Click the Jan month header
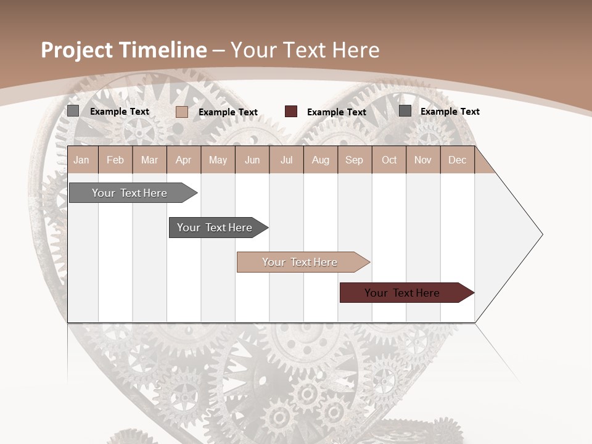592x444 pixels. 81,160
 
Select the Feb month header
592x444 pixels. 115,160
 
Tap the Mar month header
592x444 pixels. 149,160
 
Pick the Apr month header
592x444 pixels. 183,160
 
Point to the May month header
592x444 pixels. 218,160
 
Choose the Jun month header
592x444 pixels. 252,160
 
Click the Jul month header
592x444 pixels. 286,160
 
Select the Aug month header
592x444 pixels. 320,160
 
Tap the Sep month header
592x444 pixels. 354,160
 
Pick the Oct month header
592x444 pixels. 389,160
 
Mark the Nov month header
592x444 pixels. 423,160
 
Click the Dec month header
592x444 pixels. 457,160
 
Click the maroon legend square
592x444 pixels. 291,112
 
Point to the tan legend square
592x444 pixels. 182,112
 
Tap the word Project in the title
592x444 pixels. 76,50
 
